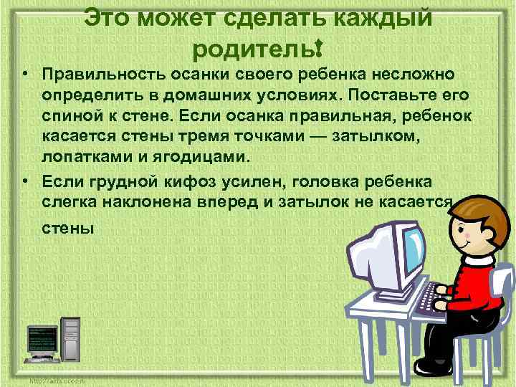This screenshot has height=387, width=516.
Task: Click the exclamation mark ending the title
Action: tap(316, 48)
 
